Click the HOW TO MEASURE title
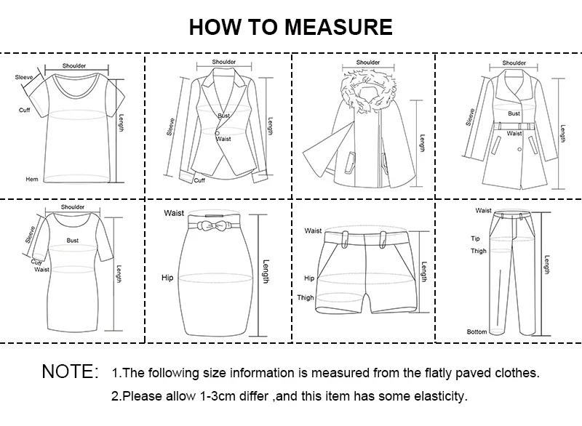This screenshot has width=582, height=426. (290, 27)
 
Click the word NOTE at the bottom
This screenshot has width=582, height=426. (70, 372)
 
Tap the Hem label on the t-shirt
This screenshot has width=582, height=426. (32, 179)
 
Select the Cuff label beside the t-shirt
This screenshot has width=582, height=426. (24, 110)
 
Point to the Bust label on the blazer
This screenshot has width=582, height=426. (223, 116)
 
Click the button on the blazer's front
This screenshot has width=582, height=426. (217, 132)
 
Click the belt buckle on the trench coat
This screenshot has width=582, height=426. (514, 126)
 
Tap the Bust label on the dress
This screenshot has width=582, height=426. (73, 240)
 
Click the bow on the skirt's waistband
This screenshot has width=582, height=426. (216, 227)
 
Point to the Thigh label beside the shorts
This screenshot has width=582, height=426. (306, 298)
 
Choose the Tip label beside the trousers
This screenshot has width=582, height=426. (475, 238)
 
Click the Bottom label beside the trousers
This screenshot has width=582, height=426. (477, 331)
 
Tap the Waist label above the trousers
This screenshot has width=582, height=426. (483, 211)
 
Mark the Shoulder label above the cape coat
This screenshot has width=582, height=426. (368, 63)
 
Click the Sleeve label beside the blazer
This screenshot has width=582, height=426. (172, 127)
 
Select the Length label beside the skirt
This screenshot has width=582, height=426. (266, 272)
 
